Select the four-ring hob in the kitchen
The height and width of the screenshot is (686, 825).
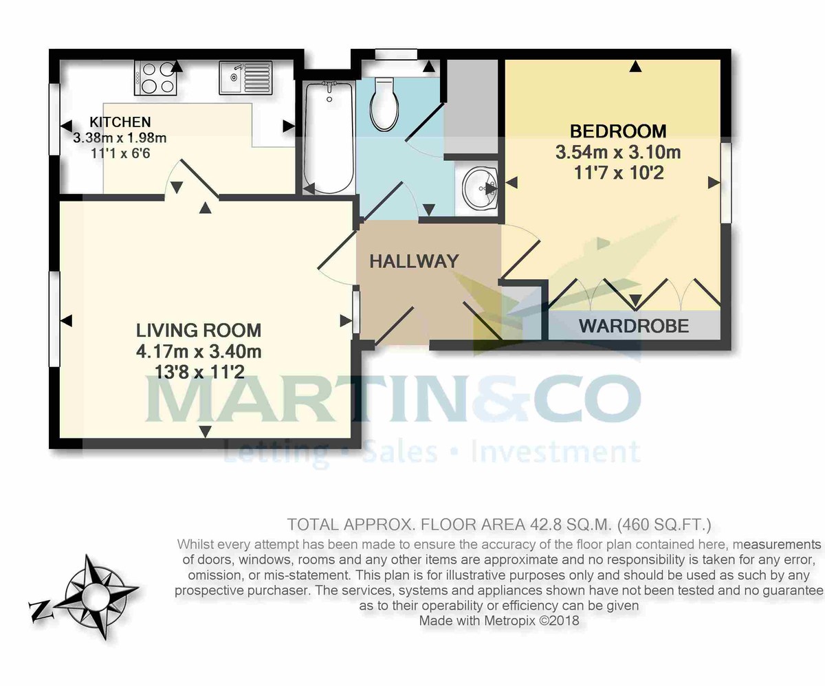click(x=157, y=77)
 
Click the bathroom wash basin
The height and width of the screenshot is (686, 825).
click(x=480, y=185)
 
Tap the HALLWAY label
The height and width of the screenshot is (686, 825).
click(x=414, y=261)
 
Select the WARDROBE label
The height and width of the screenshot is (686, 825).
click(x=634, y=326)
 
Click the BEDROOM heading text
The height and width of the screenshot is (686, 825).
click(x=618, y=131)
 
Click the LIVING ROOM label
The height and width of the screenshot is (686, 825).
click(x=199, y=330)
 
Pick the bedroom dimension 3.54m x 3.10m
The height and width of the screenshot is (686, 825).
click(x=618, y=152)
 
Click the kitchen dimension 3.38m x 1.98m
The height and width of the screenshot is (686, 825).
click(x=120, y=137)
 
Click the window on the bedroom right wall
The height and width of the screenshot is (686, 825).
click(x=725, y=182)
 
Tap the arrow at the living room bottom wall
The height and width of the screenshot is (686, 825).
click(x=205, y=431)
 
